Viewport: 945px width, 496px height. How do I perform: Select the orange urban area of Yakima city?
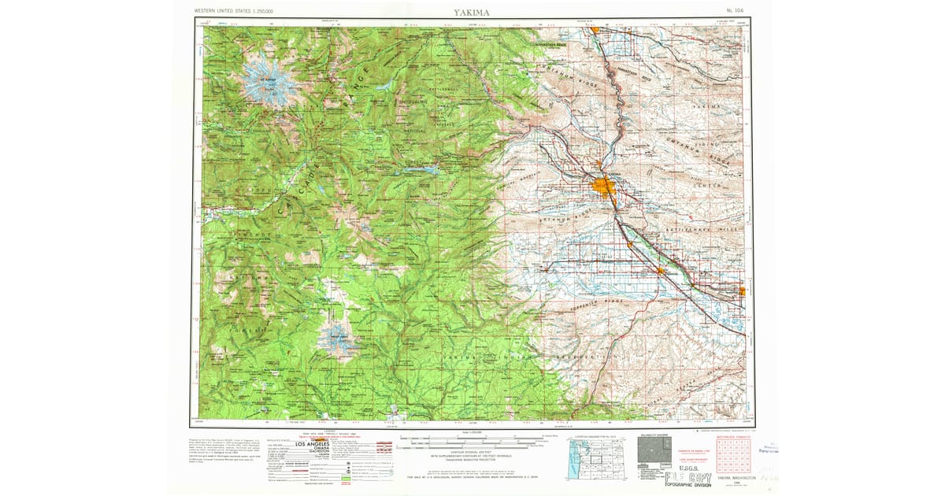[604, 187]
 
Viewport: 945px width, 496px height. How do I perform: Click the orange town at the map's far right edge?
[743, 291]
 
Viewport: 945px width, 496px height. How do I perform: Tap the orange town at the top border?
[596, 30]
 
